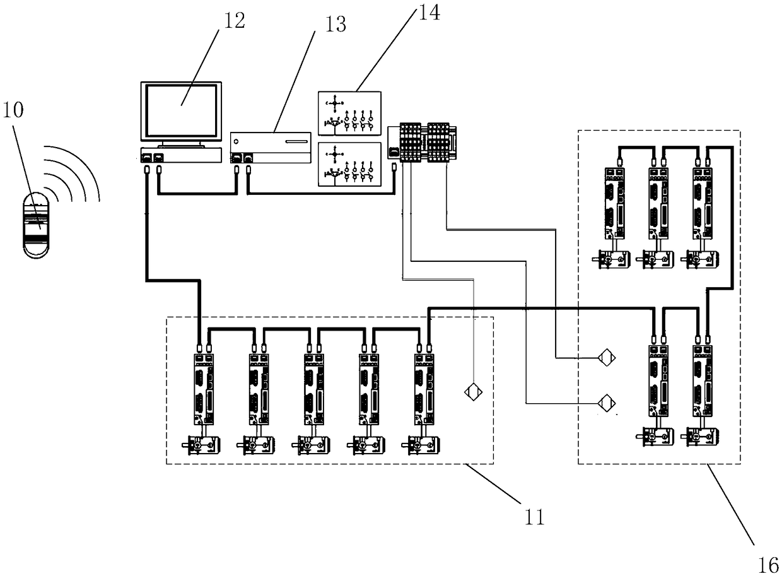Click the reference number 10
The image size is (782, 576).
[x=13, y=110]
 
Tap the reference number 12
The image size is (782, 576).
[x=234, y=21]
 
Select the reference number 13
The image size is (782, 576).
[x=336, y=25]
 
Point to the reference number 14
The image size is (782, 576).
[x=429, y=13]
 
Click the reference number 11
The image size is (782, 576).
[x=535, y=517]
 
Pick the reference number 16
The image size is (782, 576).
[x=768, y=565]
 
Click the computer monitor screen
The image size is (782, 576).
[x=181, y=111]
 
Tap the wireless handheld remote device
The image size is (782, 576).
[x=36, y=225]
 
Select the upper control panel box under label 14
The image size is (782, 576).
[x=349, y=113]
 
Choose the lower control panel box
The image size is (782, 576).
[x=349, y=164]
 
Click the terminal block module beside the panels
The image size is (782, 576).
[x=422, y=142]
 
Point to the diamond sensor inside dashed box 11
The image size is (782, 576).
[x=474, y=392]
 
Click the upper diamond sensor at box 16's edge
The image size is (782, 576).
[x=607, y=358]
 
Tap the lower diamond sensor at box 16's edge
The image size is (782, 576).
[x=607, y=403]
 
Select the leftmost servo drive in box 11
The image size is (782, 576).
[x=204, y=389]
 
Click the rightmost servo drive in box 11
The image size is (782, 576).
[x=424, y=389]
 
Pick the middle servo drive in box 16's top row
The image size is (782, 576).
[x=658, y=204]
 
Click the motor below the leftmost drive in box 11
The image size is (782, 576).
[x=201, y=445]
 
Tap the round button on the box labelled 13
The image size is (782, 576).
[x=236, y=141]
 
